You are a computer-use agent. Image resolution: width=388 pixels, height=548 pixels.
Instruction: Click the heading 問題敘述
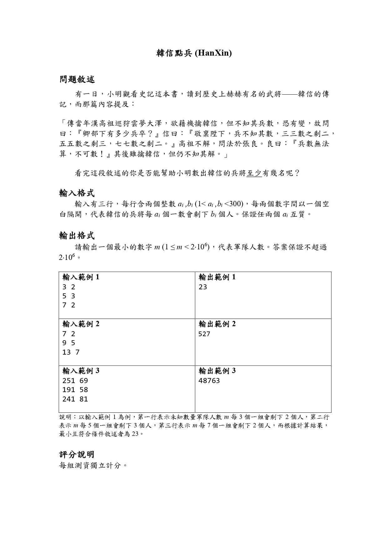[77, 80]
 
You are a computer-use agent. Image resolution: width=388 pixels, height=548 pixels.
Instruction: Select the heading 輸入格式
[77, 193]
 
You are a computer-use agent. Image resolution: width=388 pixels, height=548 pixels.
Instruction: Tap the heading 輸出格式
[77, 236]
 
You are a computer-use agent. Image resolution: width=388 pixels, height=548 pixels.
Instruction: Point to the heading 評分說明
[77, 455]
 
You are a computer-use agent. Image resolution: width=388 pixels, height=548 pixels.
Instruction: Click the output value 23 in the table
[203, 287]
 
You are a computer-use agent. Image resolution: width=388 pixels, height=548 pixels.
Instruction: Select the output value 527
[204, 334]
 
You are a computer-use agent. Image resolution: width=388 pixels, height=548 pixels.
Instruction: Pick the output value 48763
[209, 381]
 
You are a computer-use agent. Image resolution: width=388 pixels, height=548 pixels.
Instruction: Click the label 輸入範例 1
[81, 277]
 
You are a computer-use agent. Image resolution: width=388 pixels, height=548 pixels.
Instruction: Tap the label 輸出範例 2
[217, 324]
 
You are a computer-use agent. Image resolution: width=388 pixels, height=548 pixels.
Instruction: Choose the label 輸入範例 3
[81, 371]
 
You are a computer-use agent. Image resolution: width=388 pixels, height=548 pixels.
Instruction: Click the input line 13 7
[71, 352]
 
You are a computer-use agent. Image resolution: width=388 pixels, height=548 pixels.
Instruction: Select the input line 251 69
[75, 381]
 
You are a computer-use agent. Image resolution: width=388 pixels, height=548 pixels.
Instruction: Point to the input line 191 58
[75, 390]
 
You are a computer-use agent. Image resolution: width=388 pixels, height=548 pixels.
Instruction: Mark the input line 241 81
[75, 399]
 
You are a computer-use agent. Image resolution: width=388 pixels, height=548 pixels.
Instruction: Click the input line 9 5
[69, 343]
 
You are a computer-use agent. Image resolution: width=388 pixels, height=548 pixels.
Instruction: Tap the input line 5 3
[69, 296]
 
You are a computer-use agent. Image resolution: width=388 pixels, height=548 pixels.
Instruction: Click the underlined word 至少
[254, 173]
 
